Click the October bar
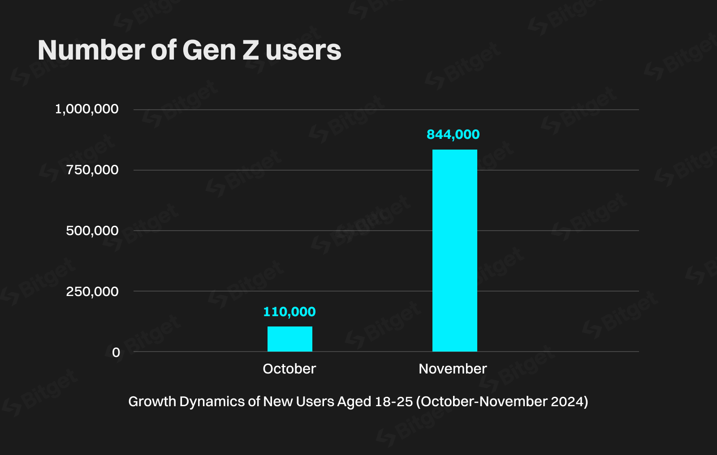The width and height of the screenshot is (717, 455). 289,339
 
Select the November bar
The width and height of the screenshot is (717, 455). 454,251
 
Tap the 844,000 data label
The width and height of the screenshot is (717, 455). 453,134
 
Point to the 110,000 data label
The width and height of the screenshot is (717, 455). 289,312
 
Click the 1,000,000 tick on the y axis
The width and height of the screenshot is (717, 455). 86,109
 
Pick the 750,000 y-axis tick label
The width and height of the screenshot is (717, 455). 92,170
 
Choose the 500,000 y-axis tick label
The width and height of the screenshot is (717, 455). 92,231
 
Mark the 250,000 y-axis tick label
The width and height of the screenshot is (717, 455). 92,292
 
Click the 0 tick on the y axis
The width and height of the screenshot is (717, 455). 116,352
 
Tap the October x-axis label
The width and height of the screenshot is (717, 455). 289,369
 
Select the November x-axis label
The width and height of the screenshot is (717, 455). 453,369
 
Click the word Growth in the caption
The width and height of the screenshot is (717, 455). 152,401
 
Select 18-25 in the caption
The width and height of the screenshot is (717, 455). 393,401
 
